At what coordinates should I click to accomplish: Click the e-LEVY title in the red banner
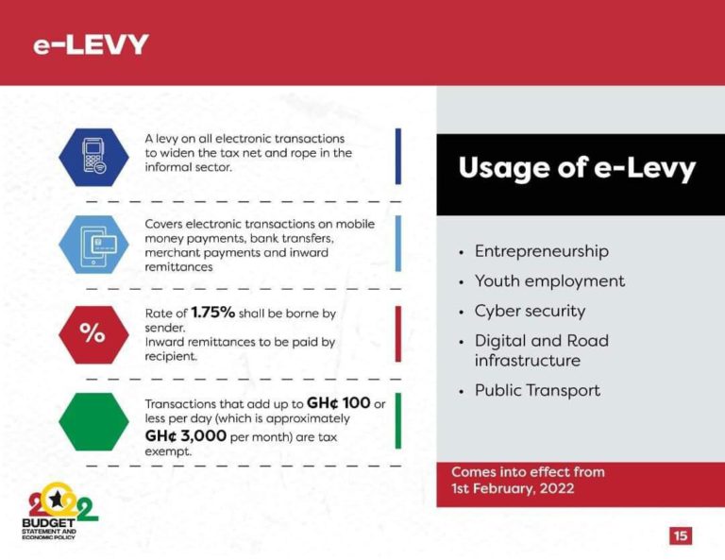[91, 44]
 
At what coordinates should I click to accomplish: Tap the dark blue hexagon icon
[93, 156]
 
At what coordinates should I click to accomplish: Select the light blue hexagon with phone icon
[93, 244]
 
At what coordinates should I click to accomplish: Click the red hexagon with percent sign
[93, 333]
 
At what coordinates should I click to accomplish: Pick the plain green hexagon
[93, 421]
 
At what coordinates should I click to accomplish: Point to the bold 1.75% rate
[212, 312]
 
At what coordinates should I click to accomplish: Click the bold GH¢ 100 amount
[338, 403]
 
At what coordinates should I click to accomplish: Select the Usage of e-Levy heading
[577, 169]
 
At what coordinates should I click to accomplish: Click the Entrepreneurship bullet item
[541, 251]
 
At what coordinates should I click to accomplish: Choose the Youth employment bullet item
[549, 281]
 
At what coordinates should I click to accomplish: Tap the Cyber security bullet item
[530, 311]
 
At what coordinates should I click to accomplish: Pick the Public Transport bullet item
[537, 390]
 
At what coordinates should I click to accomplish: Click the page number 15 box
[681, 535]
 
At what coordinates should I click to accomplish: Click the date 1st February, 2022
[513, 488]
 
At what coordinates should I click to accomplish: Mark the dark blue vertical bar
[397, 156]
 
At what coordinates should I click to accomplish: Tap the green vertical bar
[397, 421]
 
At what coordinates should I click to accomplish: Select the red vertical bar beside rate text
[397, 333]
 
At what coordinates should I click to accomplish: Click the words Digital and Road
[541, 341]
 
